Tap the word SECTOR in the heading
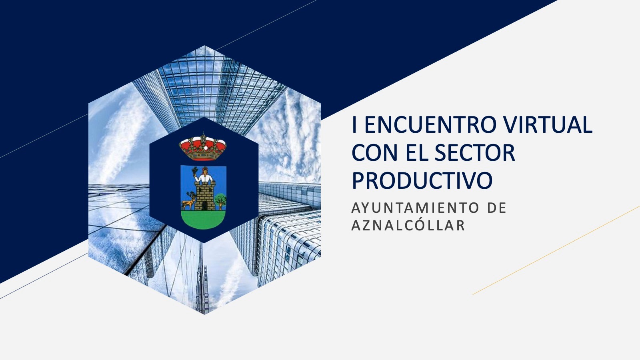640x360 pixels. coord(475,152)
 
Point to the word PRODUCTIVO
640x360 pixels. coord(422,180)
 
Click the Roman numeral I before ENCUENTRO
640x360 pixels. coord(354,125)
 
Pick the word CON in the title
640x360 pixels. coord(374,152)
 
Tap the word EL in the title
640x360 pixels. coord(416,152)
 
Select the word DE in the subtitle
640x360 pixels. coord(496,208)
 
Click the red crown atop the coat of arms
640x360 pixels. coord(203,147)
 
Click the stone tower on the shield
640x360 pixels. coord(204,196)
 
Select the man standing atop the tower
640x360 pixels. coord(204,175)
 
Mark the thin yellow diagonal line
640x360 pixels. coord(556,250)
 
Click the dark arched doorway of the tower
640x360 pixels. coord(204,206)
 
